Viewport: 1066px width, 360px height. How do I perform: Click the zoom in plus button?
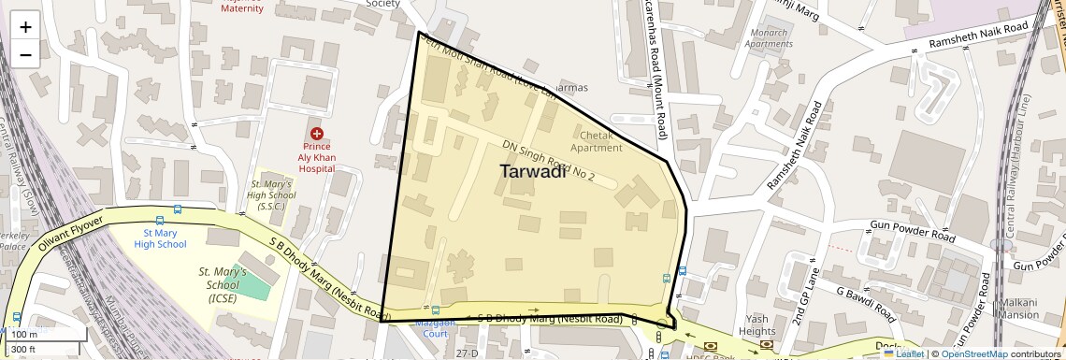25,26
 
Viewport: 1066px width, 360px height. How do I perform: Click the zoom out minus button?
25,53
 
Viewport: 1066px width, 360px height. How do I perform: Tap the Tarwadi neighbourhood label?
532,172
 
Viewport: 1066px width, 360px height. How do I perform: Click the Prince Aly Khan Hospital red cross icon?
317,135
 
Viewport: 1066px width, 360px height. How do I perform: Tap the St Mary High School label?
160,238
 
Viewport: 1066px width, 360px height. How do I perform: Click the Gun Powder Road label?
912,231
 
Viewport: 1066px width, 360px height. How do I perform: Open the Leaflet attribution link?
904,353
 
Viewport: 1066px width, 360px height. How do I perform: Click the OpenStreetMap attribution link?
973,353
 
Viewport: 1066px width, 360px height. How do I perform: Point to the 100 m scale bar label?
24,334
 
